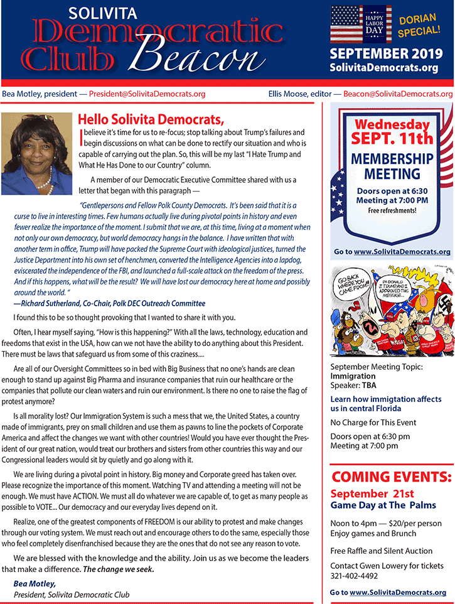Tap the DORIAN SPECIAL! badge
(419, 24)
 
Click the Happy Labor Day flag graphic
(361, 24)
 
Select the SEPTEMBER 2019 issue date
(387, 53)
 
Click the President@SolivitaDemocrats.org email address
(147, 94)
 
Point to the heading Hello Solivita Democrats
(151, 119)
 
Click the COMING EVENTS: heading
(391, 477)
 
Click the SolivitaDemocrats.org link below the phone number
(398, 592)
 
